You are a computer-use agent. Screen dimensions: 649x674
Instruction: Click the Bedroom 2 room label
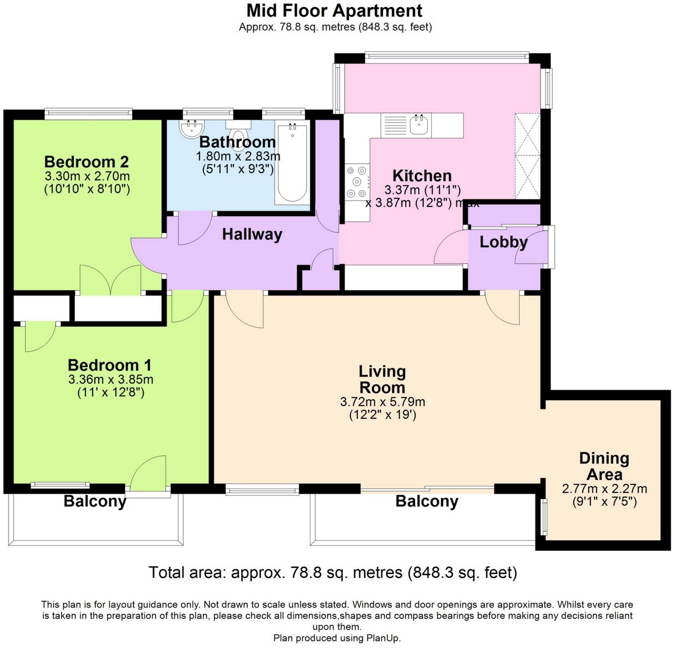pos(86,161)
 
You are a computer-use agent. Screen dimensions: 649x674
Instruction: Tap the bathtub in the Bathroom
pos(292,165)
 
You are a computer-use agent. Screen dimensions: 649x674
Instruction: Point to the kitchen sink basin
pos(419,125)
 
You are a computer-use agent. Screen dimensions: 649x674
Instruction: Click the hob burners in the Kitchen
pos(356,182)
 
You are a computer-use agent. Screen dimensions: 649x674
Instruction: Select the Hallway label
pos(252,234)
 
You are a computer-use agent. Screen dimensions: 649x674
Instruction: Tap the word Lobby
pos(503,242)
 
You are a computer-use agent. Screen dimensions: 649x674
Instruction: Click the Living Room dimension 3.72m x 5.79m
pos(382,402)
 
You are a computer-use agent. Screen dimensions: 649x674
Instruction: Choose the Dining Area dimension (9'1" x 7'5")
pos(604,502)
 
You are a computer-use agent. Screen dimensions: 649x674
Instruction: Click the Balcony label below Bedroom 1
pos(95,501)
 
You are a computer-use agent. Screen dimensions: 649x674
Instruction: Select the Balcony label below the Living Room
pos(427,501)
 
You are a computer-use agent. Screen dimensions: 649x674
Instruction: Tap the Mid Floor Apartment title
pos(335,10)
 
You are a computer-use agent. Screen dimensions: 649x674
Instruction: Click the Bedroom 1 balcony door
pos(149,475)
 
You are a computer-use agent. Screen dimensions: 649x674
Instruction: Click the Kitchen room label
pos(421,175)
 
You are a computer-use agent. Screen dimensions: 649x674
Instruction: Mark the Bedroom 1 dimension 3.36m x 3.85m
pos(111,379)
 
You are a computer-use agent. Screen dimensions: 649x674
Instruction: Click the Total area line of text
pos(333,572)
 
